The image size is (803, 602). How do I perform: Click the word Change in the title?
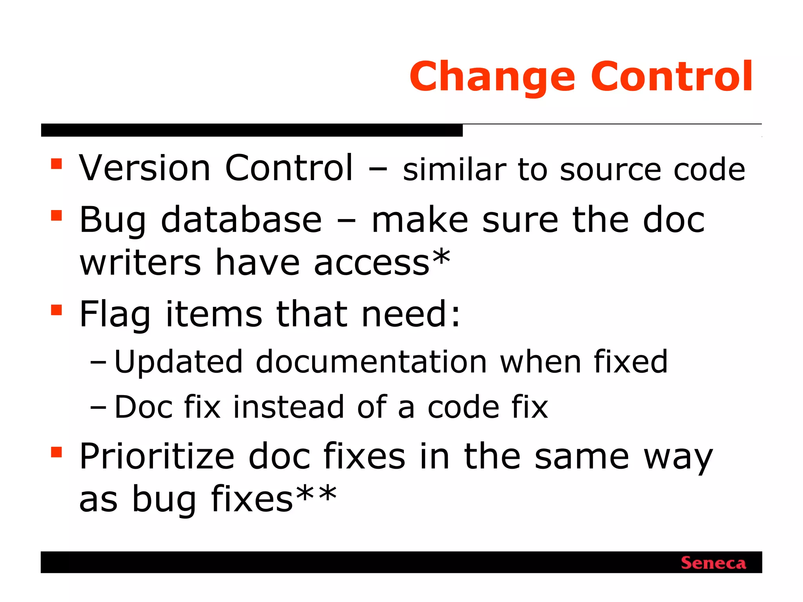tap(492, 77)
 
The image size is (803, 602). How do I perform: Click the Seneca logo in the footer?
tap(713, 563)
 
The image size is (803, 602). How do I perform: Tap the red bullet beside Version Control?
tap(56, 164)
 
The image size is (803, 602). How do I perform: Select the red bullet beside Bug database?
tap(56, 216)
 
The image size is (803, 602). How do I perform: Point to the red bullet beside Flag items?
tap(56, 310)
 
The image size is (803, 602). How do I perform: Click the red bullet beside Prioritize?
tap(56, 452)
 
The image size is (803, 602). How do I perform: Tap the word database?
tap(241, 220)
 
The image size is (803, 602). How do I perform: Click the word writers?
tap(140, 263)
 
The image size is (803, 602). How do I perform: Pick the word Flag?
tap(115, 315)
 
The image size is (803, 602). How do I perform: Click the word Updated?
tap(178, 362)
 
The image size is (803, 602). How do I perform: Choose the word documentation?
tap(371, 361)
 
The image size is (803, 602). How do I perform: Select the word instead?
tap(289, 407)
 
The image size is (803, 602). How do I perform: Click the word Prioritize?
tap(157, 457)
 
